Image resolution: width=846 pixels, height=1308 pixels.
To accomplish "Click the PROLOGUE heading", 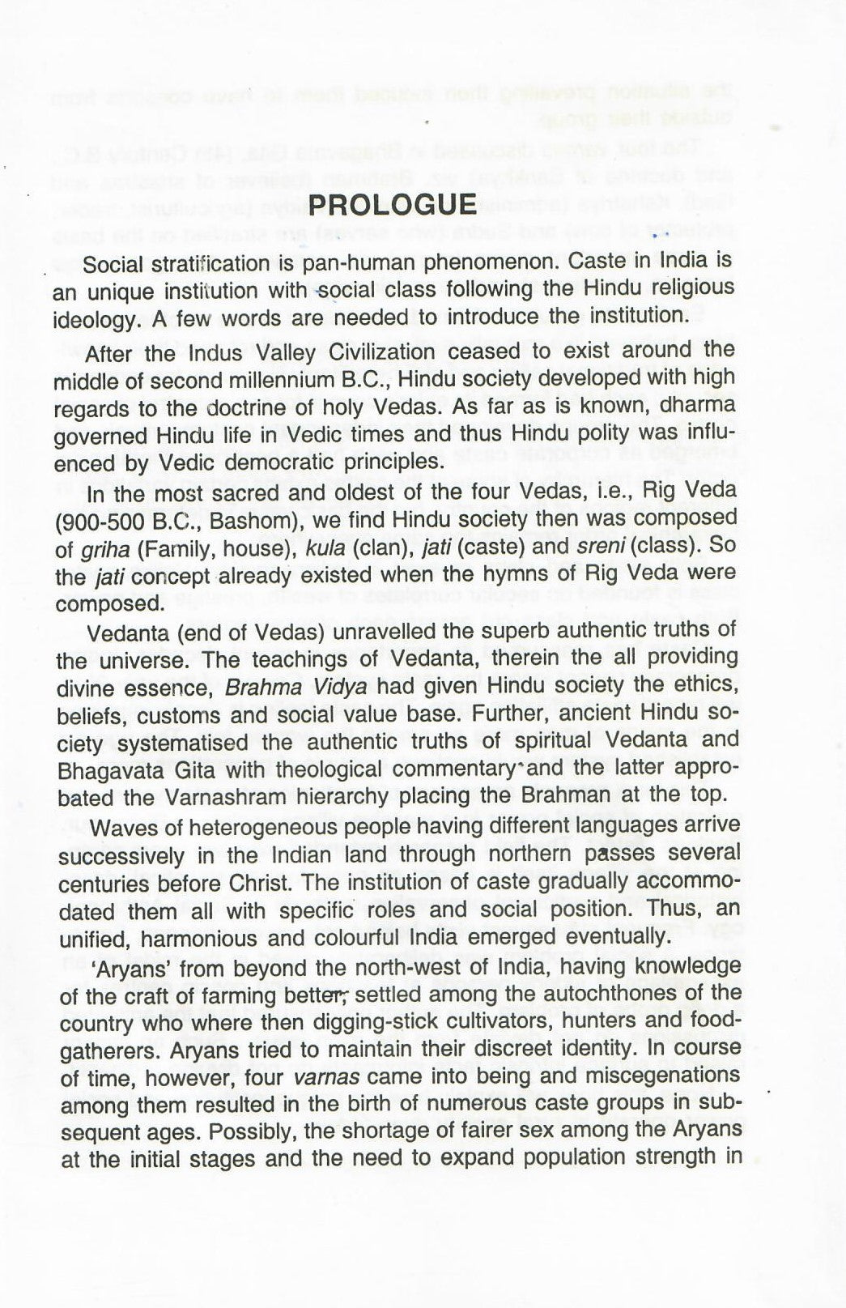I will click(x=393, y=203).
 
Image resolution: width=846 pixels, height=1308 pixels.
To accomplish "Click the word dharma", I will click(x=698, y=405).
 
